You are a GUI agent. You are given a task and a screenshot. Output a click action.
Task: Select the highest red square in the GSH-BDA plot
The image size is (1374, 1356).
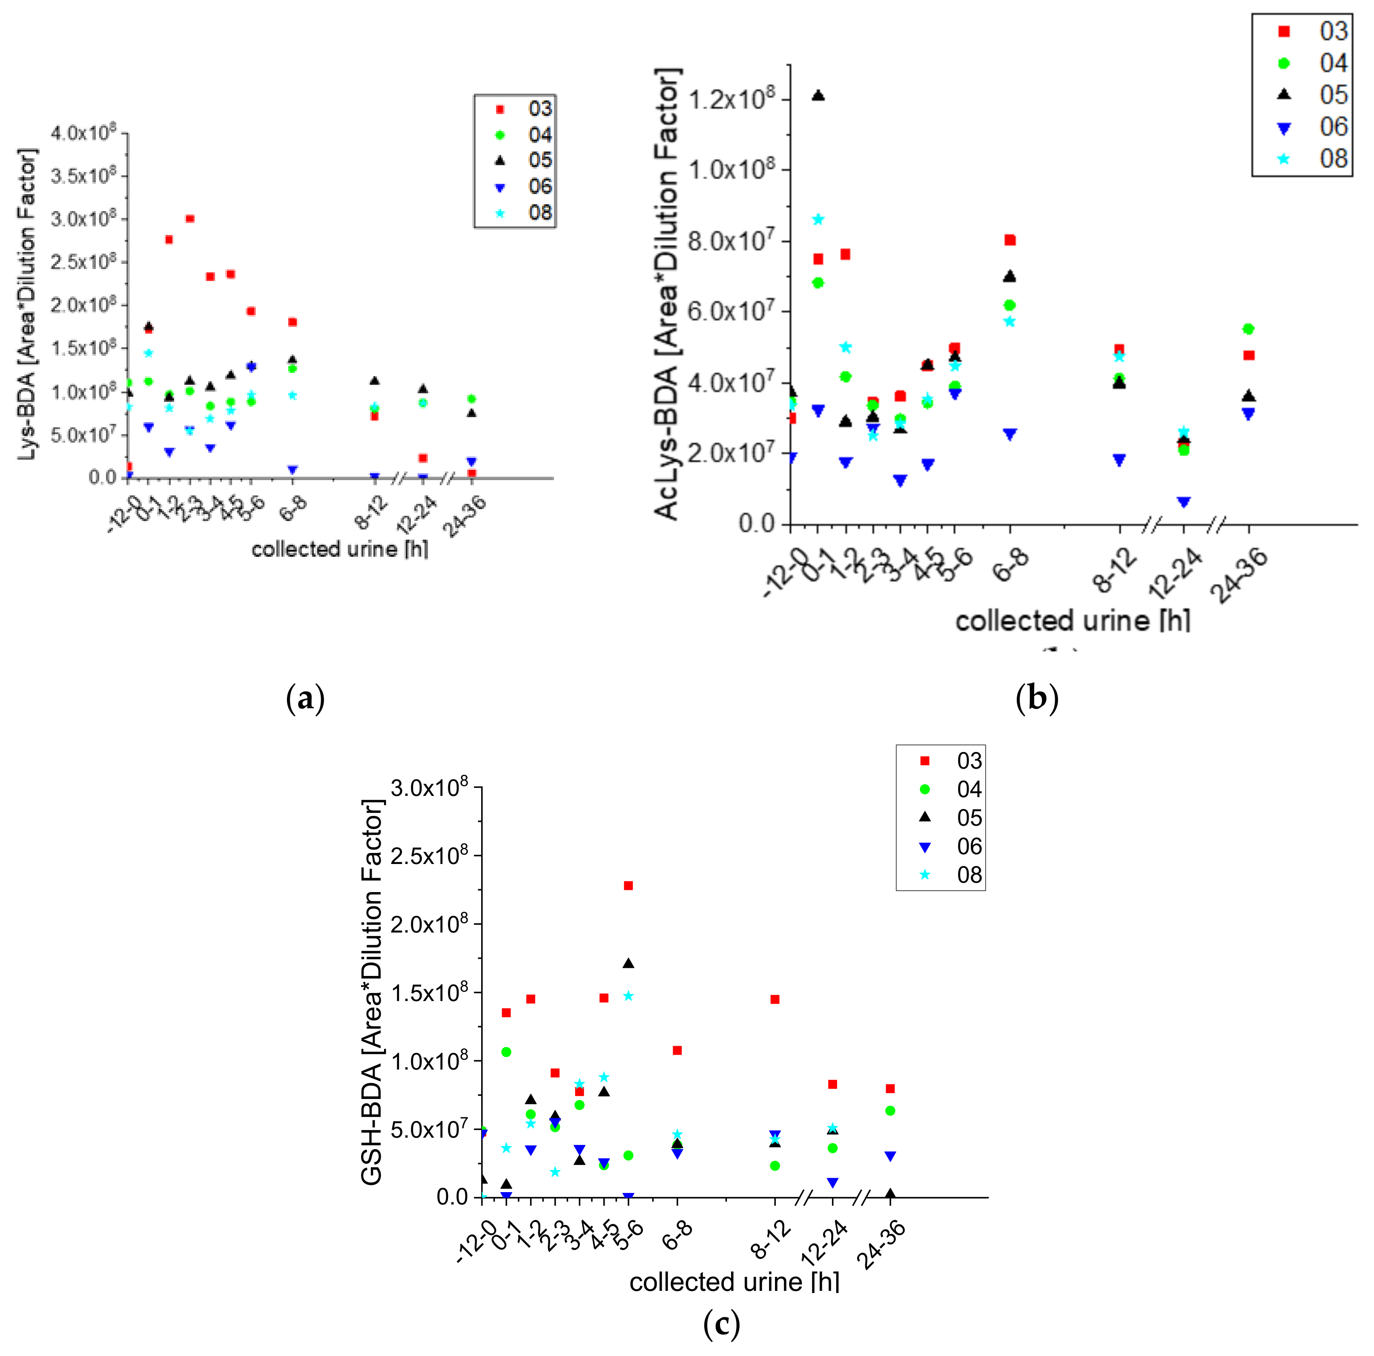pyautogui.click(x=628, y=885)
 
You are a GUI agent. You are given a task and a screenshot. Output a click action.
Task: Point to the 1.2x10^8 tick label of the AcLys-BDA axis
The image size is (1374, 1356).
pyautogui.click(x=732, y=99)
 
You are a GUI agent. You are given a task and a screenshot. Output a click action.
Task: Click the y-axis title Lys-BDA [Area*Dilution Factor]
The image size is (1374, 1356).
pyautogui.click(x=27, y=304)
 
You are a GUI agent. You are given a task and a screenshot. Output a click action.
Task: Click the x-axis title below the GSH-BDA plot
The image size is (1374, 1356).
pyautogui.click(x=734, y=1282)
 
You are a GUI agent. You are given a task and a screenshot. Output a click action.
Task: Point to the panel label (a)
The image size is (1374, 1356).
pyautogui.click(x=305, y=699)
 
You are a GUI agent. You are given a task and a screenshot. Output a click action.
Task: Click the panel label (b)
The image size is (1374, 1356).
pyautogui.click(x=1037, y=698)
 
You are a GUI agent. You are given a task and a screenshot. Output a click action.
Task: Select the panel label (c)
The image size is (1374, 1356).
pyautogui.click(x=721, y=1324)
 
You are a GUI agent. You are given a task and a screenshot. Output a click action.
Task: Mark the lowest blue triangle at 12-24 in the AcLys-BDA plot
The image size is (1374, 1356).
pyautogui.click(x=1183, y=503)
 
